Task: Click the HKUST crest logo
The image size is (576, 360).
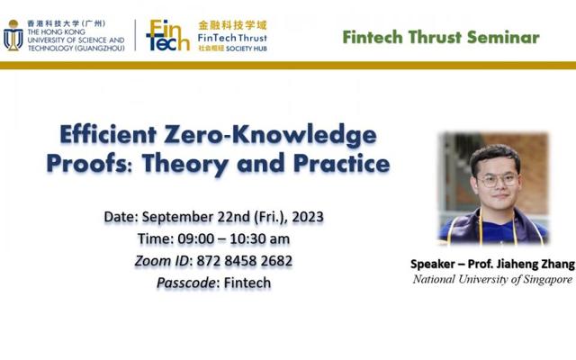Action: click(x=13, y=35)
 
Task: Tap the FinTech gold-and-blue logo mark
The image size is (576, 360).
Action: click(x=168, y=35)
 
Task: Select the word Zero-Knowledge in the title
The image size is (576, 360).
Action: click(x=270, y=135)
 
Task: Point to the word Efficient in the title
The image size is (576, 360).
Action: click(x=108, y=134)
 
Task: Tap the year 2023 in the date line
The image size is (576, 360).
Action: click(x=308, y=217)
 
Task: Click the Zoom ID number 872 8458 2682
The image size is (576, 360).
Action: click(x=244, y=261)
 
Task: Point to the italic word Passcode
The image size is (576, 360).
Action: click(x=185, y=283)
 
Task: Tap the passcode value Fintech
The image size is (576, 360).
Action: click(x=247, y=283)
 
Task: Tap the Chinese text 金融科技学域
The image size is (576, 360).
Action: click(x=232, y=25)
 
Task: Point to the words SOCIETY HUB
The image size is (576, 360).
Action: click(x=246, y=49)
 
